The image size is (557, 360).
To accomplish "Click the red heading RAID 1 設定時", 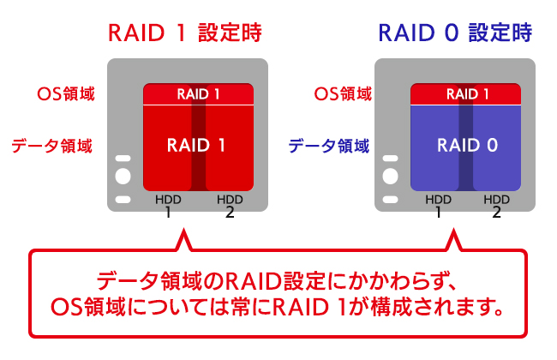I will pos(183,33).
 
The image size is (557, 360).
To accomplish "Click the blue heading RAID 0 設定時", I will pos(454,33).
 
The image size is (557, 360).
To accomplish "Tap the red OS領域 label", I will pos(65,93).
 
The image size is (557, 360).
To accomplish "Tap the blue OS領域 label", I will pos(340,93).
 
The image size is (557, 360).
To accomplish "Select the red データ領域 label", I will pos(52,146).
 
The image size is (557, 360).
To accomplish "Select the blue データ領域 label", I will pos(327,146).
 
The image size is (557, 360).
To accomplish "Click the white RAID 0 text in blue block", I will pos(467,145).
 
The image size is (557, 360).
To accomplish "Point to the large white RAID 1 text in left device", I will pos(196,145).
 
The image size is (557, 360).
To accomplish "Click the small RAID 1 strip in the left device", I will pos(199,93).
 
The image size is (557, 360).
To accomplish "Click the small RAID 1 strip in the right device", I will pos(468,93).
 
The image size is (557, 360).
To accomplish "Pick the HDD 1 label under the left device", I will pos(168,206).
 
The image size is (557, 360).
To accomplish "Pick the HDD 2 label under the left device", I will pos(230,206).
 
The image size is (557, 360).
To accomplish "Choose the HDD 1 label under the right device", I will pos(438,206).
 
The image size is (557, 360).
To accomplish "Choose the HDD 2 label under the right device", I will pos(497,206).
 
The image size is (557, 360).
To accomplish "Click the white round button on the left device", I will pos(123,178).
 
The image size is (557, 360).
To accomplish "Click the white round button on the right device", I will pos(392,178).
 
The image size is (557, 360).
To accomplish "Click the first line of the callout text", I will pos(278,280).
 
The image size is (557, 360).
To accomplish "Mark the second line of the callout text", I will pos(278,307).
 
